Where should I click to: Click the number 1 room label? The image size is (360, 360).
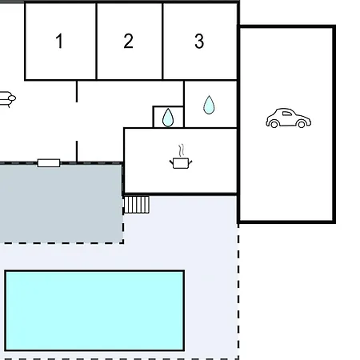(x=59, y=41)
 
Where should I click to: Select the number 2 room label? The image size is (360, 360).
(x=128, y=41)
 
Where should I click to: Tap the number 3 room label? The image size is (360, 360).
(x=199, y=41)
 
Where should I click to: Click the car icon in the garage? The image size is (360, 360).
(x=288, y=118)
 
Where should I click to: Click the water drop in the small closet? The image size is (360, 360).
(x=168, y=118)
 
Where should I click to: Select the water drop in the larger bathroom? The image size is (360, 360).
(x=209, y=105)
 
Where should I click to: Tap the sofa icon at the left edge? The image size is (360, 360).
(x=7, y=99)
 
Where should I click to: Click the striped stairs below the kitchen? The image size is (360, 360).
(x=137, y=205)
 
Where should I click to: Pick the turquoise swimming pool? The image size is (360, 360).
(x=94, y=310)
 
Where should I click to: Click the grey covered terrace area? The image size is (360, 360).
(x=61, y=203)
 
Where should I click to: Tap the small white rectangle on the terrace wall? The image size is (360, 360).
(x=49, y=163)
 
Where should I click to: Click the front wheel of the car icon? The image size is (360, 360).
(x=302, y=124)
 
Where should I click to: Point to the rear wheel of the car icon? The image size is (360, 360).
(x=274, y=124)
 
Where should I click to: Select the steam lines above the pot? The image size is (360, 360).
(x=182, y=150)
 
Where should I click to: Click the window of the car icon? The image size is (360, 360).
(x=286, y=114)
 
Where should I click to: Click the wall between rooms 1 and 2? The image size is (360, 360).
(x=96, y=42)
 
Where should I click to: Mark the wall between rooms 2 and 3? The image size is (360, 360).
(x=162, y=42)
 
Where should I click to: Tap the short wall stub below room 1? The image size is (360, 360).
(x=77, y=91)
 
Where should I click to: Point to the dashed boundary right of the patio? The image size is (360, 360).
(x=238, y=291)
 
